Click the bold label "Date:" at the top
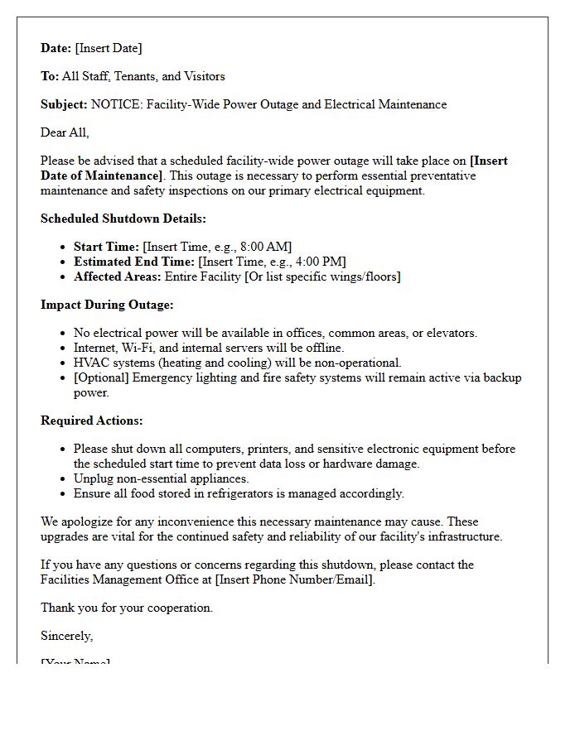click(56, 48)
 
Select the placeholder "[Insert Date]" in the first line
click(109, 48)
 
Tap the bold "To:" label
click(50, 76)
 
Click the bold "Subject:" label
click(64, 104)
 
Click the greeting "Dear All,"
click(65, 132)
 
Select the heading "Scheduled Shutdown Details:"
click(123, 219)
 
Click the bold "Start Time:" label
click(106, 247)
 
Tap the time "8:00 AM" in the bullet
click(263, 247)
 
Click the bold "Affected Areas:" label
click(117, 276)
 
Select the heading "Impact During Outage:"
click(107, 305)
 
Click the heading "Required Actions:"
click(92, 421)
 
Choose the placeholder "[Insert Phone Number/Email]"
click(295, 579)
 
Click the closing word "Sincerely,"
click(66, 636)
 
